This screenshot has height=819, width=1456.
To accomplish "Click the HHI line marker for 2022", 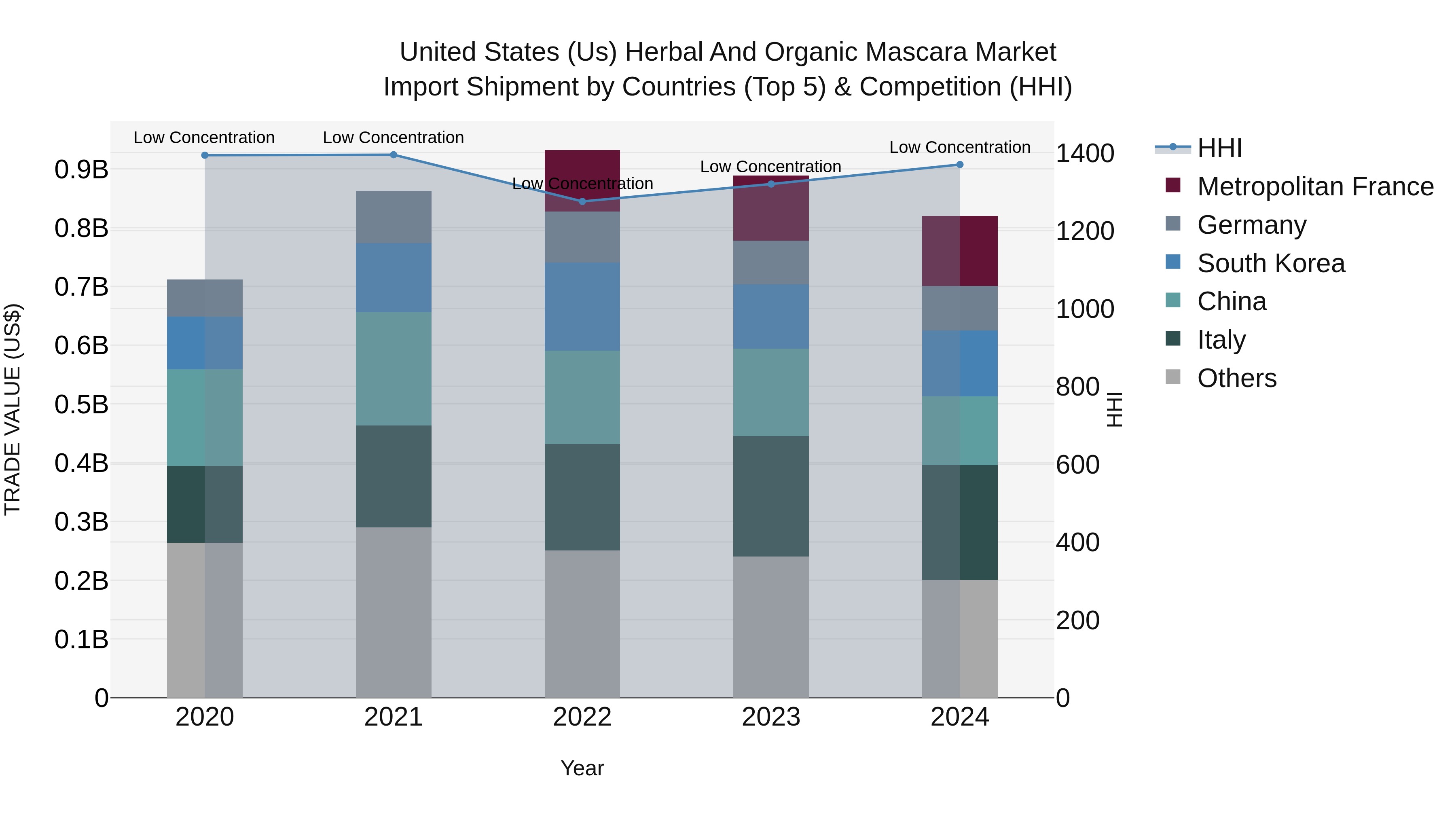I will click(582, 201).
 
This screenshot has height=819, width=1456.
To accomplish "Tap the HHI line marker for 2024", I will click(959, 165).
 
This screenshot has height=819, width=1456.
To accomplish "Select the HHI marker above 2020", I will click(205, 155).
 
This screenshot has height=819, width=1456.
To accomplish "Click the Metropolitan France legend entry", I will click(1315, 186).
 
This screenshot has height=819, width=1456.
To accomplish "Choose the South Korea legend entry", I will click(1271, 263).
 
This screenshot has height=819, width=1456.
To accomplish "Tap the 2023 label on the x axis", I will click(770, 717).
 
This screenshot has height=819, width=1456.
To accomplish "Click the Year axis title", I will click(582, 768).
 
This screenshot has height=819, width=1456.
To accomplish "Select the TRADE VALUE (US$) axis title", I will click(13, 409).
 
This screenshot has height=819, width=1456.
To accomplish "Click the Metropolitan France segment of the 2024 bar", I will click(959, 251).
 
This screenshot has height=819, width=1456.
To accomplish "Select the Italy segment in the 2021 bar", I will click(394, 476).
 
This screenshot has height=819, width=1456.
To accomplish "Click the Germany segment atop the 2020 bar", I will click(205, 298).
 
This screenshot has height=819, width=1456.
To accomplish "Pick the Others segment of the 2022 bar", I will click(582, 623).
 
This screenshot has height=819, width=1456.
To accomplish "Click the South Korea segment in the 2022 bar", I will click(582, 306).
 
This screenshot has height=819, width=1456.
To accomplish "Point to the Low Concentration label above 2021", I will click(394, 138).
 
